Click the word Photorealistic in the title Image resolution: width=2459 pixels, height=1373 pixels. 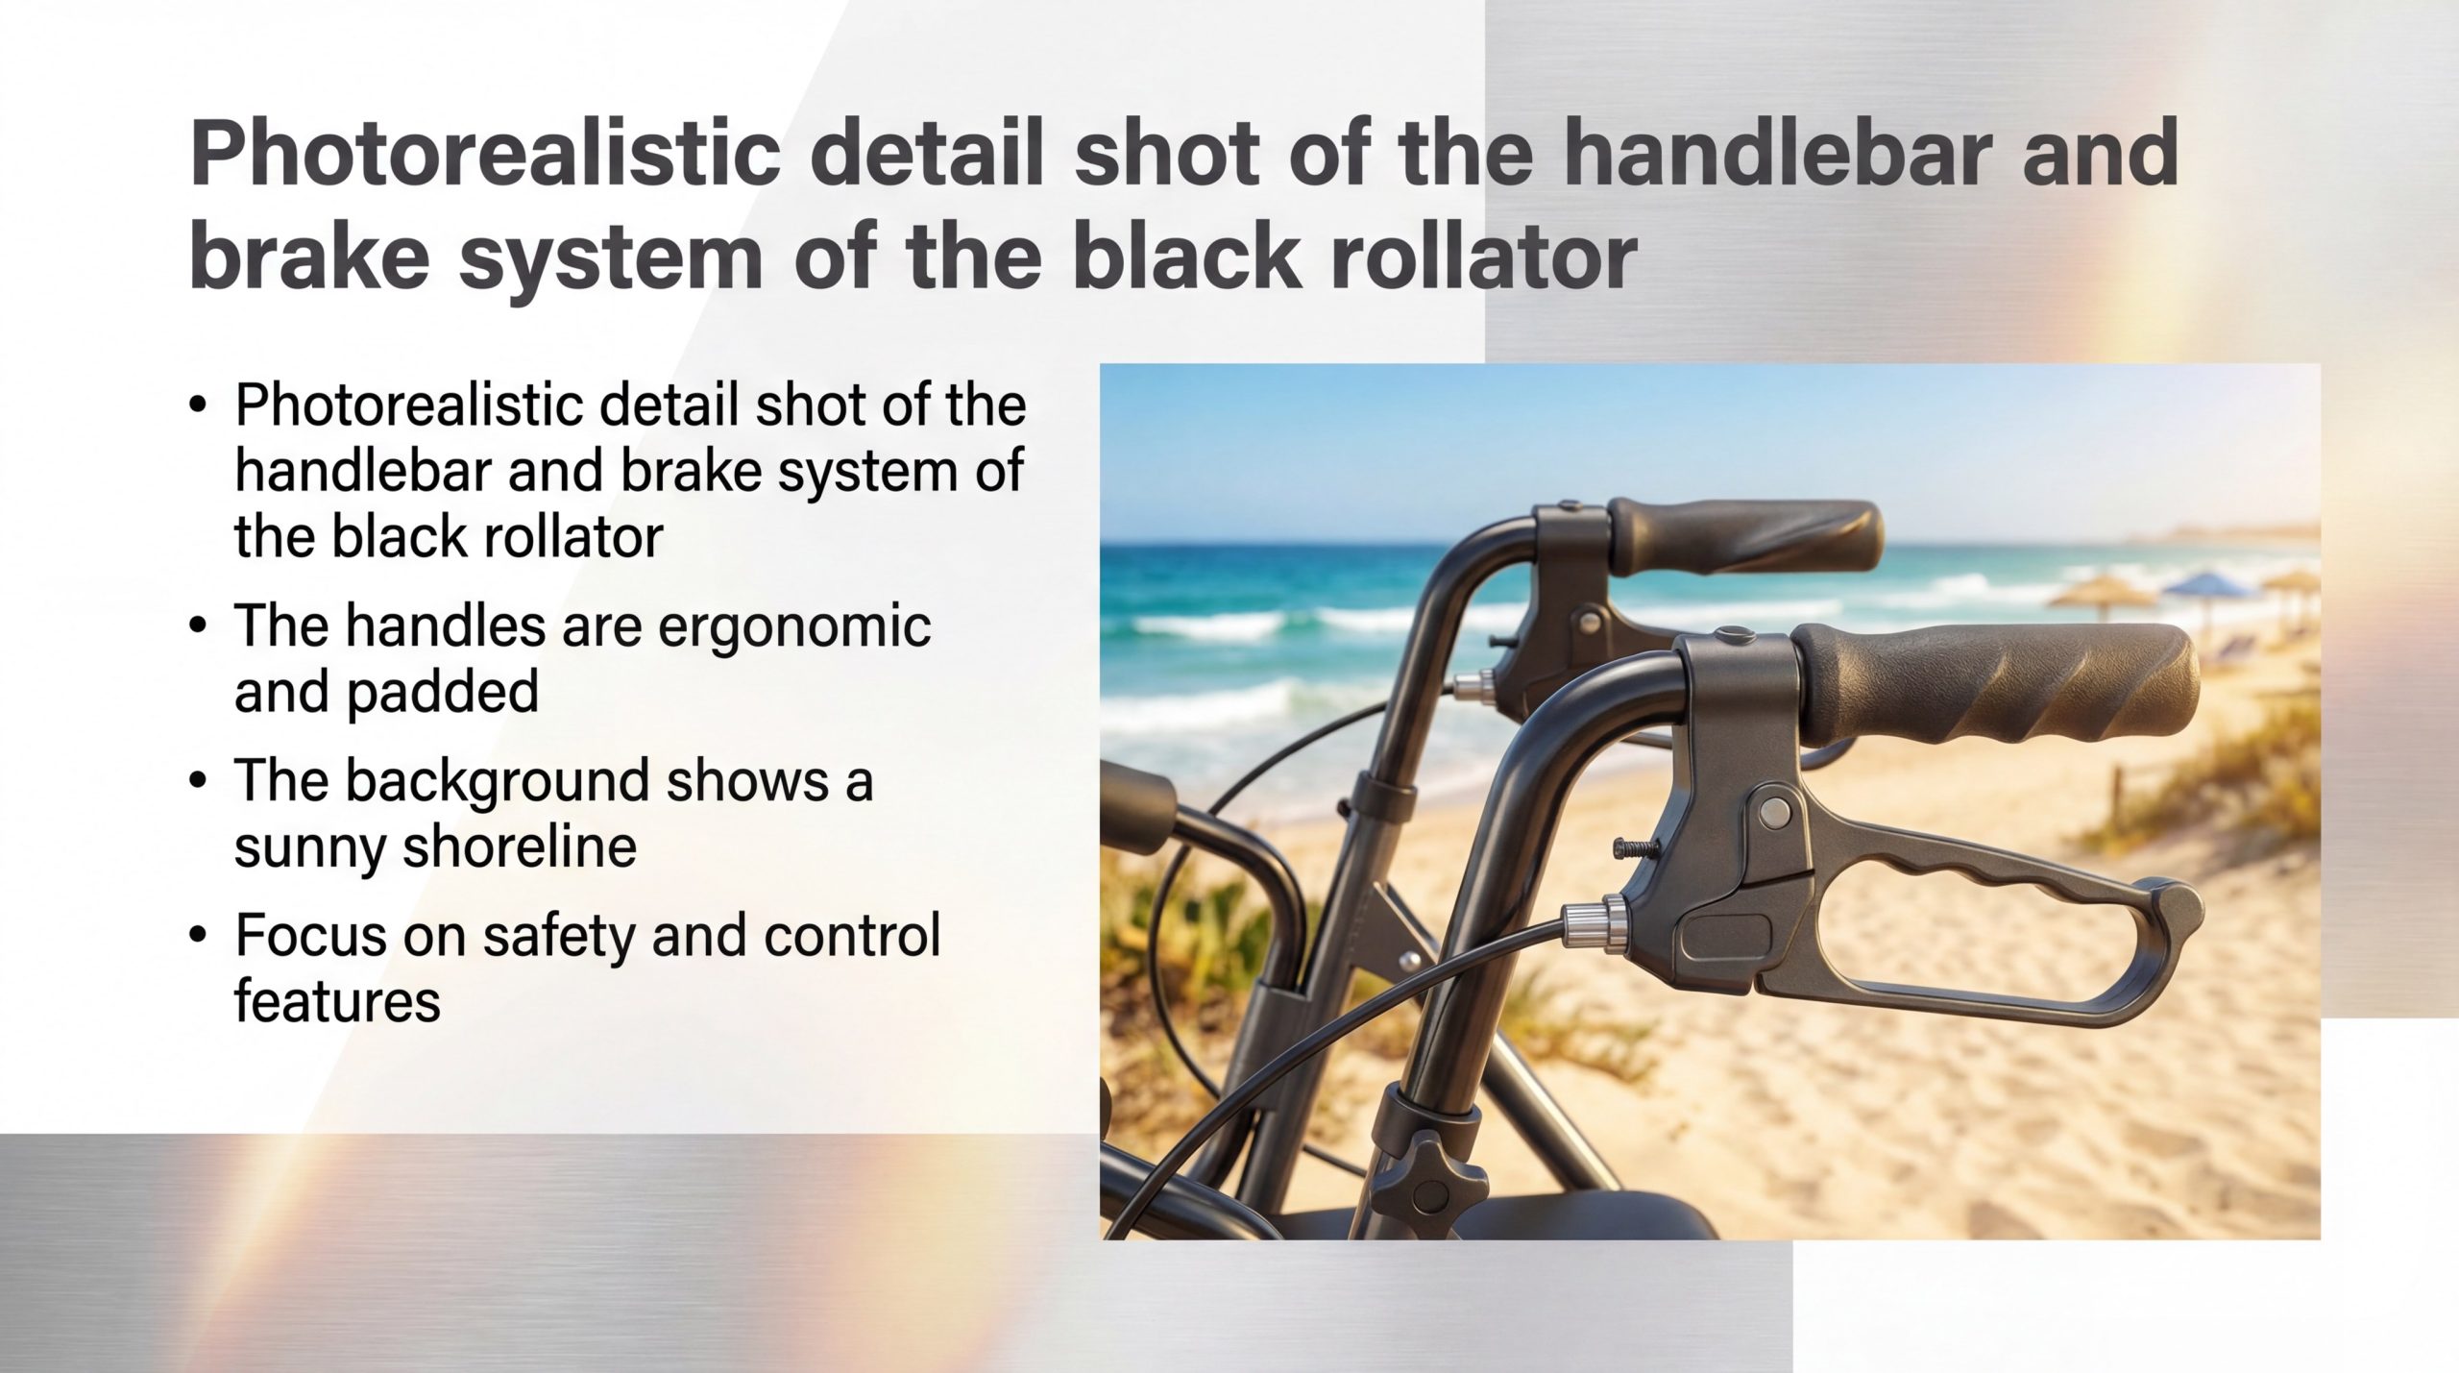(x=485, y=154)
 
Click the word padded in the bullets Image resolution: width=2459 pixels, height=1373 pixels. (x=442, y=692)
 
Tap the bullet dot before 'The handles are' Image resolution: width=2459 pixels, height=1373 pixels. (x=198, y=626)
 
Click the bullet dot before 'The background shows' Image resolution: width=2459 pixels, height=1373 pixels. (x=198, y=780)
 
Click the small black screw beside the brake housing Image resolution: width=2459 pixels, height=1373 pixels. (x=1636, y=846)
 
